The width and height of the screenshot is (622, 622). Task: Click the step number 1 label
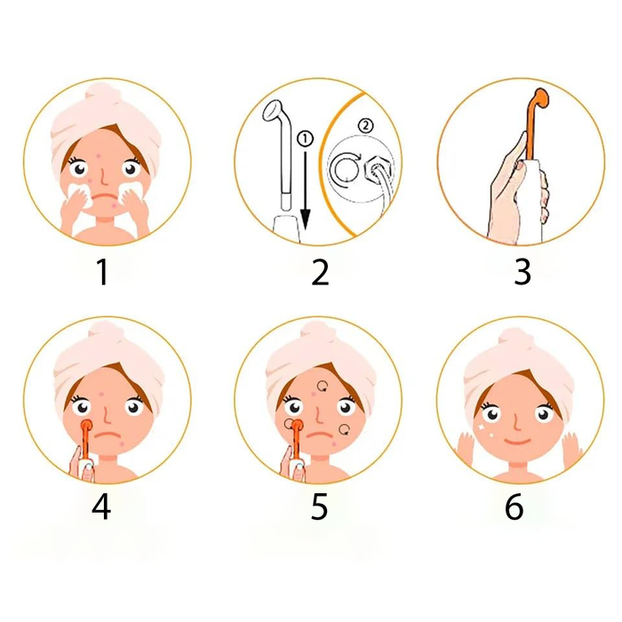tap(103, 273)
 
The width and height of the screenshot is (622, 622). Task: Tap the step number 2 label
tap(320, 273)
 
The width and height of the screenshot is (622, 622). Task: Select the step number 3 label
tap(522, 273)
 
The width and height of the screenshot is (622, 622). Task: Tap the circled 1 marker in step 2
tap(305, 139)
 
